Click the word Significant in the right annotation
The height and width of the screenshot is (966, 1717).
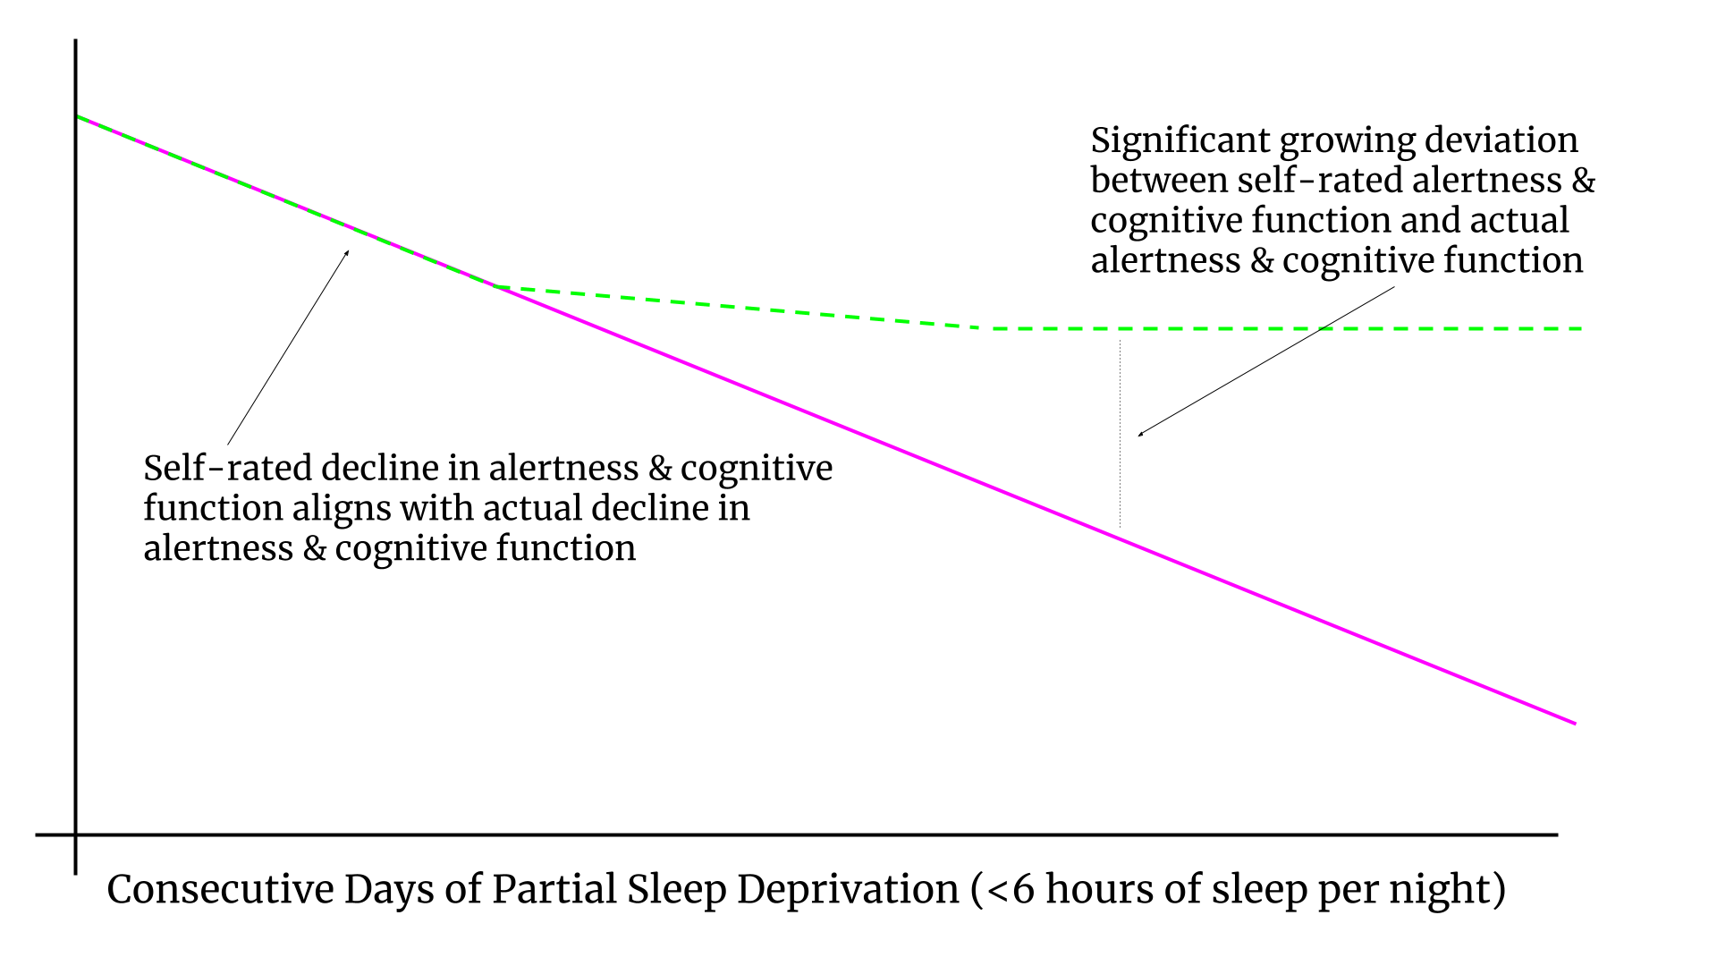(1180, 141)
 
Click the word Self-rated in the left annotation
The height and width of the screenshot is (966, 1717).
(227, 469)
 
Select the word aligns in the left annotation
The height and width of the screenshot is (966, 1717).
(343, 509)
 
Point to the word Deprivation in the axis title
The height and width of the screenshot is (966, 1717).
(848, 890)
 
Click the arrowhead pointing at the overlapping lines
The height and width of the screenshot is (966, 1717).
(348, 252)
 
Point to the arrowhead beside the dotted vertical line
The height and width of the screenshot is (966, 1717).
(1139, 435)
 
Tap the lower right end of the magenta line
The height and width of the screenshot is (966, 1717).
(1575, 723)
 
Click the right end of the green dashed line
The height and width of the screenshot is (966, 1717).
(1582, 329)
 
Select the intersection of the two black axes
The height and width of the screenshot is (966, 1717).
(75, 835)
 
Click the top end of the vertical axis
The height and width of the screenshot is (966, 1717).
(75, 41)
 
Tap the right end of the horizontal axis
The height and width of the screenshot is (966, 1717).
(1557, 835)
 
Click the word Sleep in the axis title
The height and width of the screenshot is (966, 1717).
(676, 890)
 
